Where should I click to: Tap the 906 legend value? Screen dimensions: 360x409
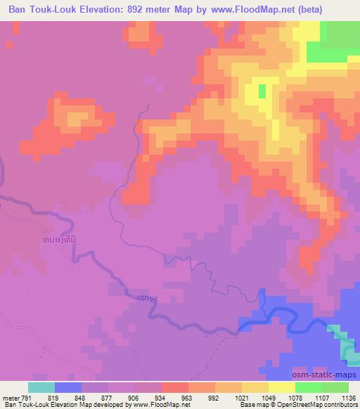pyautogui.click(x=134, y=396)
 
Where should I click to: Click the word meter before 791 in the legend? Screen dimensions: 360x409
pyautogui.click(x=11, y=396)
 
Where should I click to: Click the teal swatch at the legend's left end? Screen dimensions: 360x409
pyautogui.click(x=41, y=387)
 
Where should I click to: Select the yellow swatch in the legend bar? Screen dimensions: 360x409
pyautogui.click(x=281, y=387)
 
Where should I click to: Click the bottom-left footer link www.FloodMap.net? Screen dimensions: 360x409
pyautogui.click(x=159, y=405)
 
